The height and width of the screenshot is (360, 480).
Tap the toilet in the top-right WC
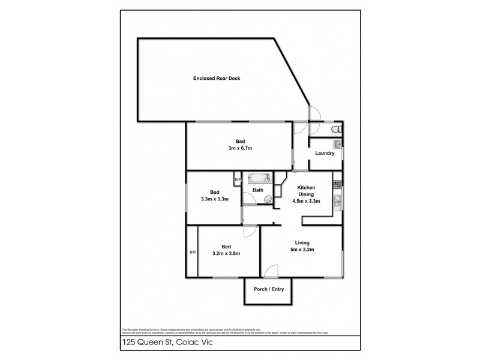(x=337, y=129)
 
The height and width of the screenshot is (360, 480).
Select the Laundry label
(x=324, y=153)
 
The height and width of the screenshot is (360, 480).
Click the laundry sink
(x=337, y=144)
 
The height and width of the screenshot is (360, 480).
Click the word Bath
(x=258, y=191)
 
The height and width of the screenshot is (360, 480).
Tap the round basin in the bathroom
(x=268, y=200)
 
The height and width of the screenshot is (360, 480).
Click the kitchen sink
(x=338, y=203)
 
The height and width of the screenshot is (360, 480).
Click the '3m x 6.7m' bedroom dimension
(x=239, y=148)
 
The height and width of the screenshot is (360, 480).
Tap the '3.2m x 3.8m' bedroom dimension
(x=226, y=253)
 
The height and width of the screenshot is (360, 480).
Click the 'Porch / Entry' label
(x=269, y=290)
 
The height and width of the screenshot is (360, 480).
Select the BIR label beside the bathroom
(x=238, y=179)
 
